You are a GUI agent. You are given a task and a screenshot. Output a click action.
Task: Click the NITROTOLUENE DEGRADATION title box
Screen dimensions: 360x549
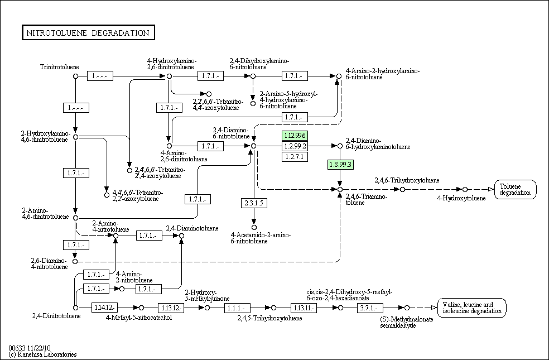(88, 33)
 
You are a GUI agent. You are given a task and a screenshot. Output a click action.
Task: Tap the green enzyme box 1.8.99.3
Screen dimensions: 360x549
(340, 164)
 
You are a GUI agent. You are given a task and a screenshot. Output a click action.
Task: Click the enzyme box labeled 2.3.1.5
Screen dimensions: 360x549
(253, 203)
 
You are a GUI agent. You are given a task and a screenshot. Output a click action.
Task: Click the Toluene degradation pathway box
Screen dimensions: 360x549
(515, 189)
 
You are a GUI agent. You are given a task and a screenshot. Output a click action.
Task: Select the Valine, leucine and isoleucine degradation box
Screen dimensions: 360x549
(471, 308)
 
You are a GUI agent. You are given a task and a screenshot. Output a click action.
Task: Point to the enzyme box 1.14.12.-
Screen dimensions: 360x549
(104, 308)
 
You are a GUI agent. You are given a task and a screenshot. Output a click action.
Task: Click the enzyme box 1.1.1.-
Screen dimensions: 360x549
(238, 308)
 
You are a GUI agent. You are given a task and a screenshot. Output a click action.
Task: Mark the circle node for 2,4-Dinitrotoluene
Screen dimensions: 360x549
(75, 308)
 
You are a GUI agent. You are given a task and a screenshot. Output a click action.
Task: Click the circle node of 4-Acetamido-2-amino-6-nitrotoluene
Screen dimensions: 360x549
(254, 227)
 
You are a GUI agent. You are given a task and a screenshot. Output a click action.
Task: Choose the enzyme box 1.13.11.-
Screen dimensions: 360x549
(304, 308)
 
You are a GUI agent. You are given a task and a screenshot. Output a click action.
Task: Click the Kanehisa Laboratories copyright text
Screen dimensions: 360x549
(43, 354)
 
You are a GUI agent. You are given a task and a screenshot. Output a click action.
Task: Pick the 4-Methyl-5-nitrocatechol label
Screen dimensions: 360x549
(138, 318)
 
